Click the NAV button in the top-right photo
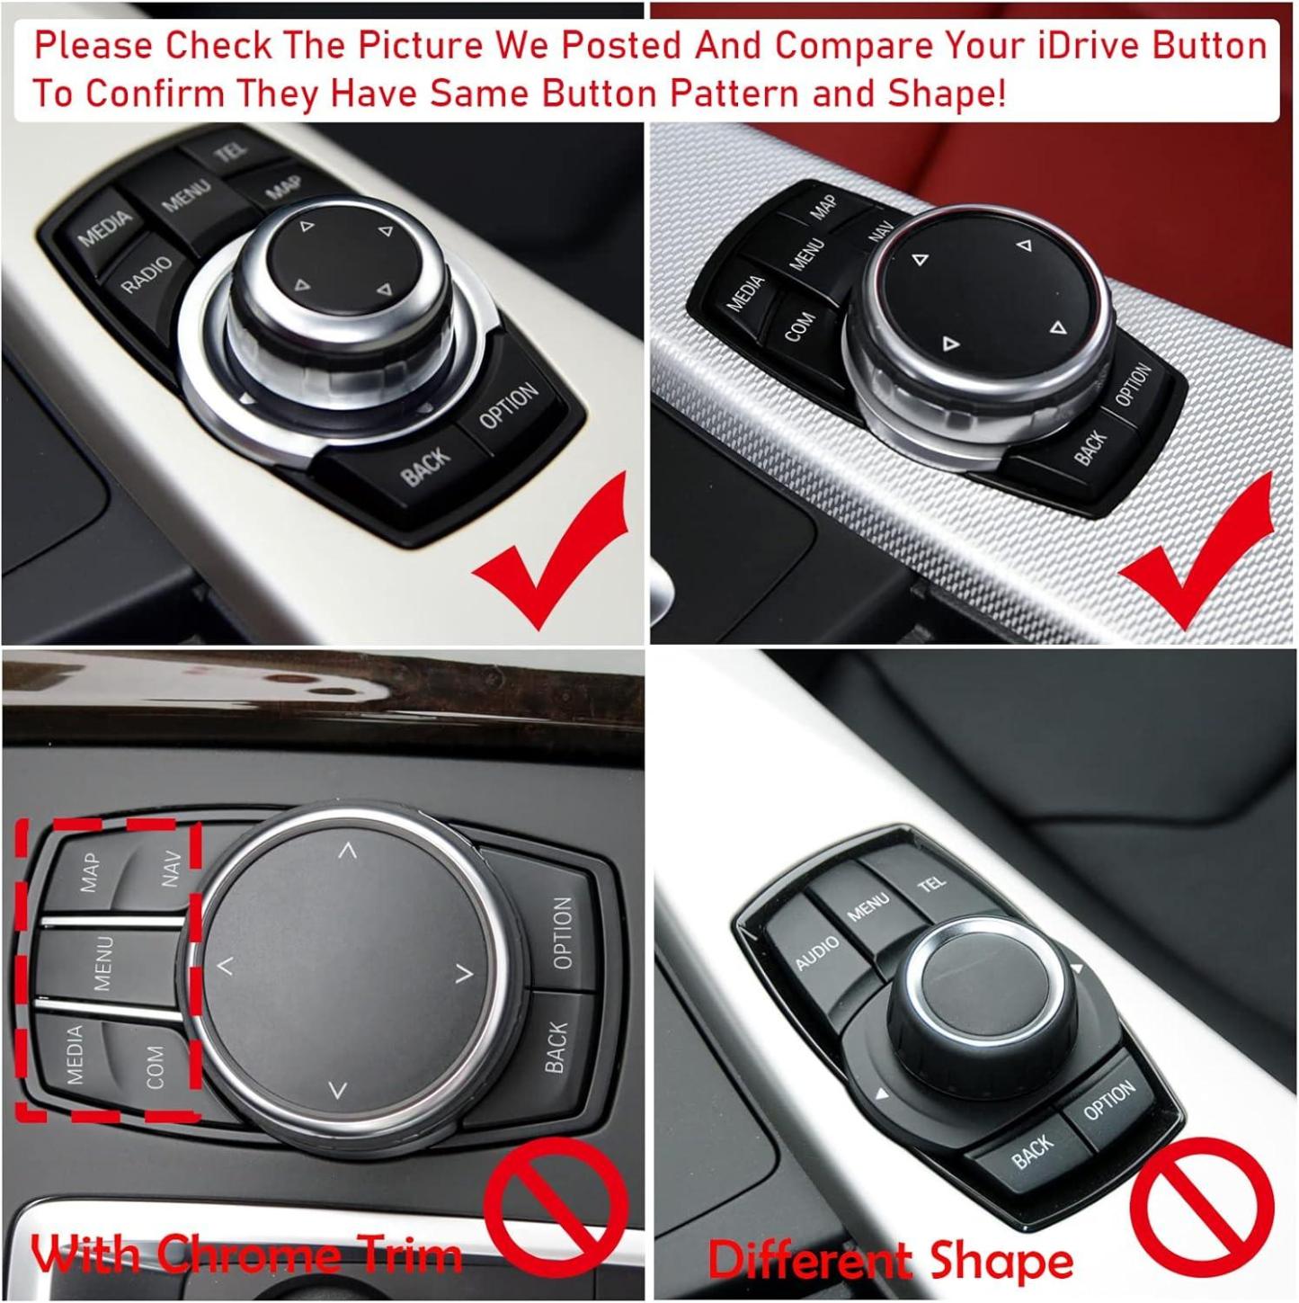[880, 231]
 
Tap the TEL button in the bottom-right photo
[931, 885]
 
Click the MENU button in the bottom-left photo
[104, 962]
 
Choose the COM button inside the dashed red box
[155, 1066]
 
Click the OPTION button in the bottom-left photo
[562, 933]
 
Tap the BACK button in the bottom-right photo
[1031, 1151]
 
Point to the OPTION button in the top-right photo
[1132, 385]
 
